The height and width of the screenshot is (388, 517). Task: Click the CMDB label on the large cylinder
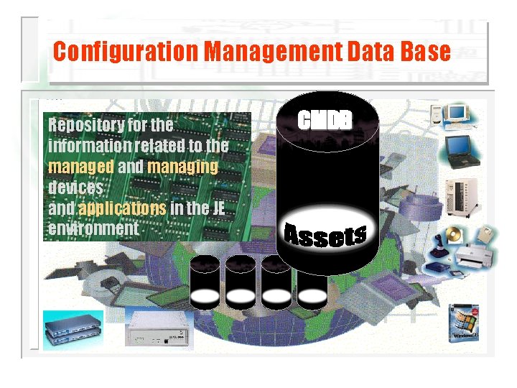tap(325, 120)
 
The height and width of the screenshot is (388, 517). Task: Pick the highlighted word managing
tap(182, 167)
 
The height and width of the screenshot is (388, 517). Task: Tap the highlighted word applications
tap(122, 208)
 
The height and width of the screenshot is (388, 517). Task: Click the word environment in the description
tap(93, 228)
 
